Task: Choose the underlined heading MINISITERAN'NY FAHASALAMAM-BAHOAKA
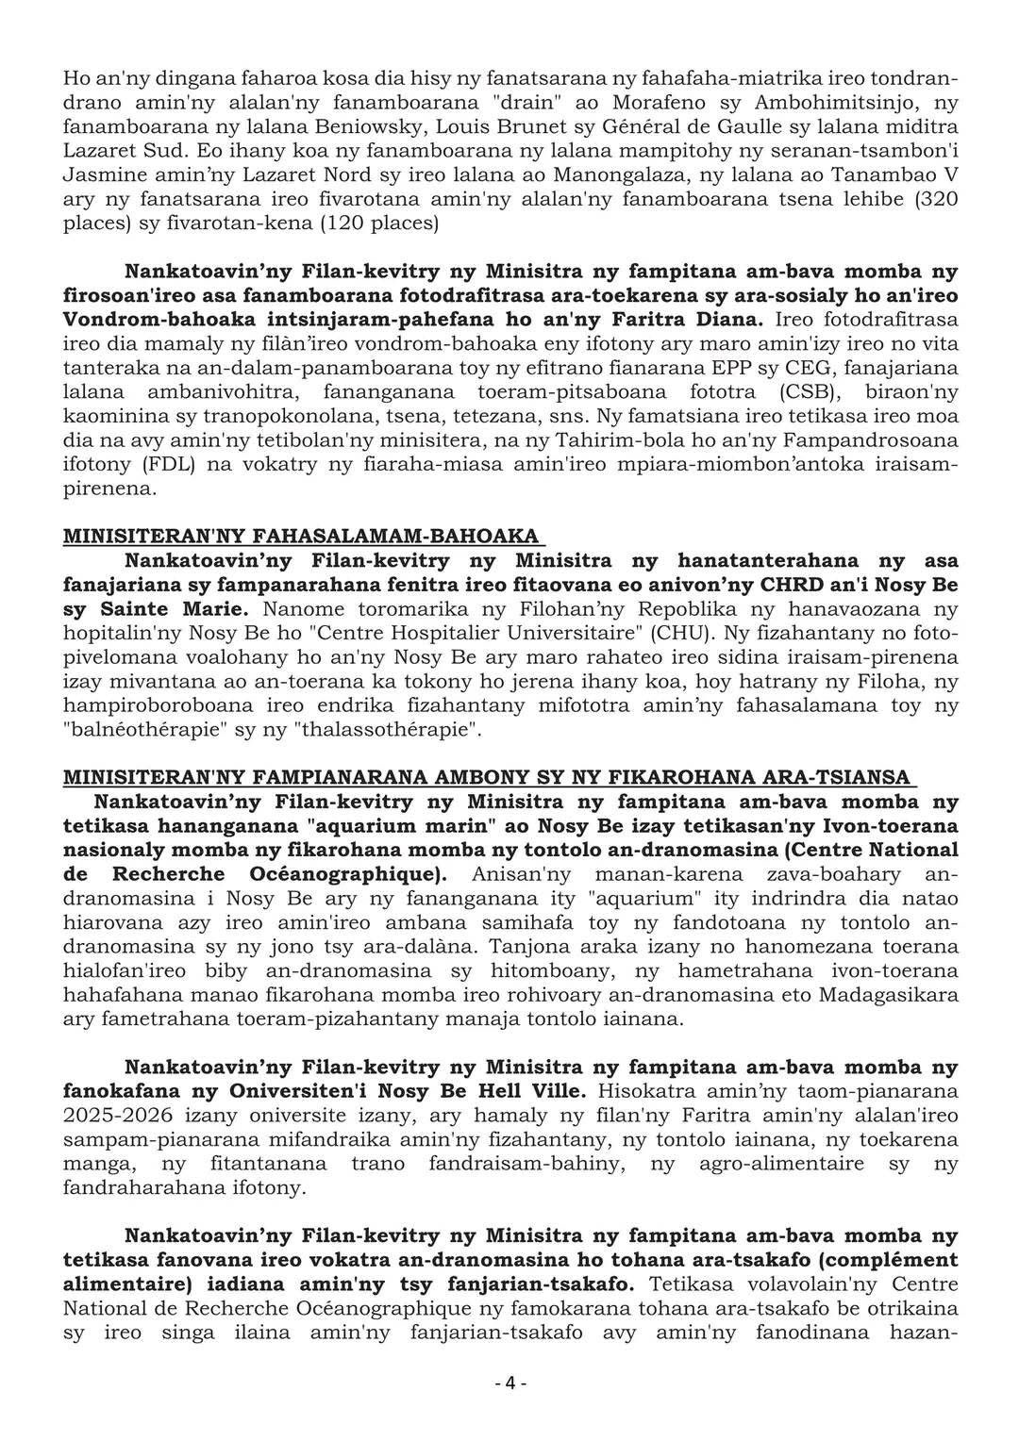click(x=301, y=537)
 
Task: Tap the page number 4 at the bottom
click(x=509, y=1383)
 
